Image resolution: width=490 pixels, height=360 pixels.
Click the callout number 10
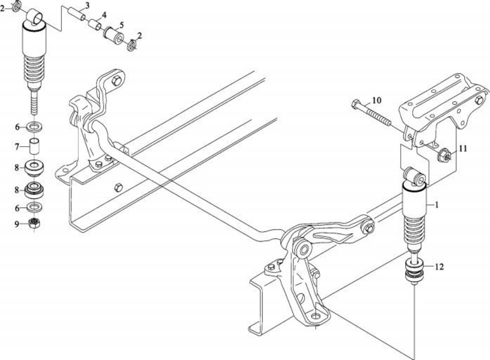(x=377, y=100)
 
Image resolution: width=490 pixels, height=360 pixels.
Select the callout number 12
(x=439, y=267)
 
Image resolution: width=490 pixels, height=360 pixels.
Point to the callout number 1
(x=436, y=205)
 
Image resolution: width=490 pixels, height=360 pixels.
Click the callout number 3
(x=87, y=5)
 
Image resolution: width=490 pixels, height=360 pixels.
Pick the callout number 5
(x=121, y=25)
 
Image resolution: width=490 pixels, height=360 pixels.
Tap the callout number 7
(x=17, y=147)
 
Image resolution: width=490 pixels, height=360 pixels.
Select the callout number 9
(x=17, y=224)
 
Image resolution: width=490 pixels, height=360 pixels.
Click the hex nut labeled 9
(x=34, y=223)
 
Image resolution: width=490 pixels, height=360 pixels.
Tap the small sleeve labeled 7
(x=35, y=146)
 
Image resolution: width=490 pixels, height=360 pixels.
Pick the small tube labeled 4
(x=94, y=25)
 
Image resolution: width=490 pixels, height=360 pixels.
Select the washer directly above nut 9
(x=34, y=207)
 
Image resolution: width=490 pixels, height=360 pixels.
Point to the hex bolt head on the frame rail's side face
(x=119, y=188)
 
